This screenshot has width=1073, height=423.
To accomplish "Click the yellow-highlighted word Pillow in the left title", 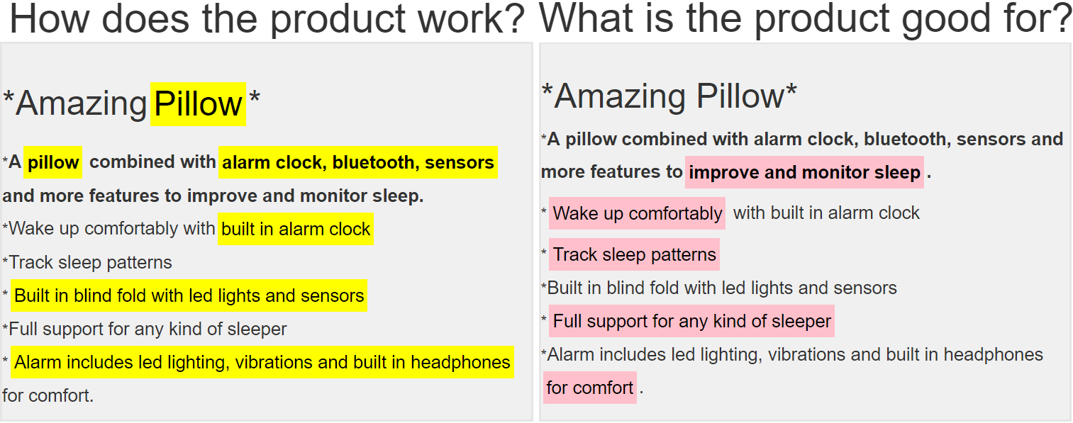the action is pyautogui.click(x=198, y=104).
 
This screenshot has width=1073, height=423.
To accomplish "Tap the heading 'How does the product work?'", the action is pyautogui.click(x=267, y=19).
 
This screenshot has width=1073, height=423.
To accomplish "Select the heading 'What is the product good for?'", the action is pyautogui.click(x=805, y=19).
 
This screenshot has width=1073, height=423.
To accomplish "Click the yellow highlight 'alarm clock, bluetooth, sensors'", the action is pyautogui.click(x=358, y=163).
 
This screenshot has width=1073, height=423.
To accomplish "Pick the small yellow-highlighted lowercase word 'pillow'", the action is pyautogui.click(x=52, y=163).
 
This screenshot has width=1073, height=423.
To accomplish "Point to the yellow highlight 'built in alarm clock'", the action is pyautogui.click(x=296, y=229).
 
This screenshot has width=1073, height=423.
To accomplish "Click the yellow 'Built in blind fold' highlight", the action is pyautogui.click(x=189, y=295).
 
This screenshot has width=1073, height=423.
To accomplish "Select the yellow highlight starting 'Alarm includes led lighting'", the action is pyautogui.click(x=262, y=362).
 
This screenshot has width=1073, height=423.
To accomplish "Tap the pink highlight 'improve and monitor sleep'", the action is pyautogui.click(x=804, y=172).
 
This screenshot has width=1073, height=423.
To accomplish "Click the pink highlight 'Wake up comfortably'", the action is pyautogui.click(x=637, y=213).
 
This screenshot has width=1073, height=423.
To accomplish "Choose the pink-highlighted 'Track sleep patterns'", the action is pyautogui.click(x=634, y=254).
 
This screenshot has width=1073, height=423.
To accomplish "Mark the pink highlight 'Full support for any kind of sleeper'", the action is pyautogui.click(x=691, y=321).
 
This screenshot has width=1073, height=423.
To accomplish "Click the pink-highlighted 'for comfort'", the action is pyautogui.click(x=589, y=388).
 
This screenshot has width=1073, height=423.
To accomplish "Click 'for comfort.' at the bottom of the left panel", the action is pyautogui.click(x=48, y=396).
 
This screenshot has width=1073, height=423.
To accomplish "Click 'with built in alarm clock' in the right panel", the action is pyautogui.click(x=826, y=213).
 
